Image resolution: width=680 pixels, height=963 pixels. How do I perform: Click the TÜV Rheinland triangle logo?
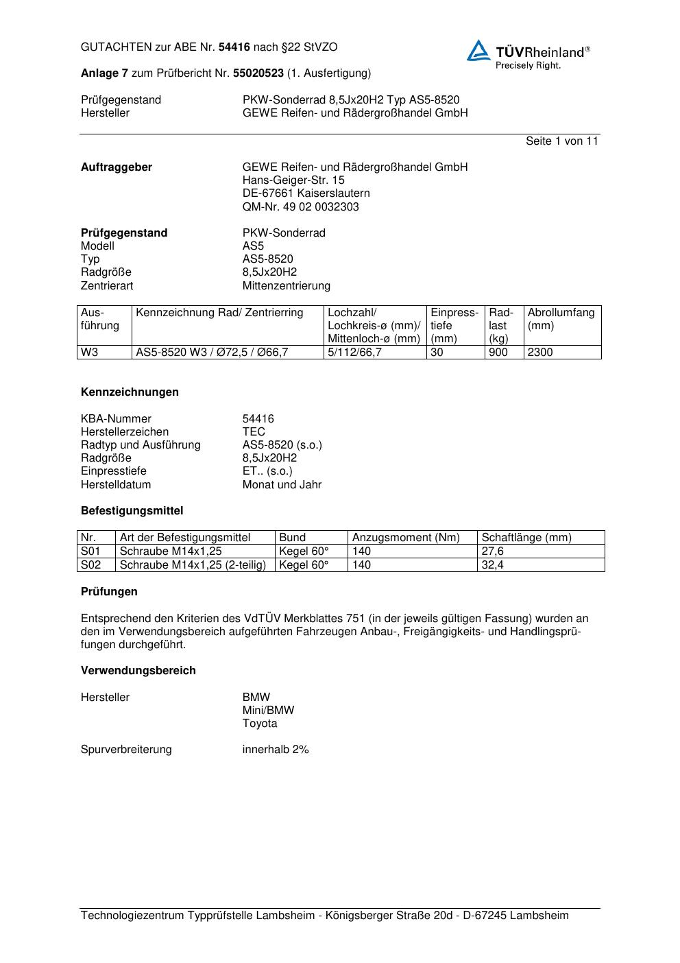(x=478, y=51)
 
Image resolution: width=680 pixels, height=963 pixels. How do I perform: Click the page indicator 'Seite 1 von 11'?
(x=561, y=141)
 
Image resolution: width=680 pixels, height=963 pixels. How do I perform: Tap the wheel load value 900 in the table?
(x=498, y=353)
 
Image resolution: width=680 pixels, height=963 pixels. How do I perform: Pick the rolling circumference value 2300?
(x=540, y=353)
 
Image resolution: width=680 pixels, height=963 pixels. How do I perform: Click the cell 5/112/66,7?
(x=354, y=353)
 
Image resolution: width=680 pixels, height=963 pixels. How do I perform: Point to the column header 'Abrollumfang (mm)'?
(x=561, y=319)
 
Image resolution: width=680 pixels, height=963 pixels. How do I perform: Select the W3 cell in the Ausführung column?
(x=90, y=353)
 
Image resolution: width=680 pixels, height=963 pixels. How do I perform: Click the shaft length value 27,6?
(x=492, y=551)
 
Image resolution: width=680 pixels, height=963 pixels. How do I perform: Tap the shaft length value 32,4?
(x=492, y=565)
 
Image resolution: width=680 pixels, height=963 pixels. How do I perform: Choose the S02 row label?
(x=90, y=565)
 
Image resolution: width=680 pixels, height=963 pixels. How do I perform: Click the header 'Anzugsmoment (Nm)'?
(x=406, y=538)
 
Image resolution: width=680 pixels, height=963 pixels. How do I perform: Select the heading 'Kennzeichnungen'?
(x=130, y=392)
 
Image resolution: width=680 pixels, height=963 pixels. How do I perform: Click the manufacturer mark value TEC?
(x=254, y=432)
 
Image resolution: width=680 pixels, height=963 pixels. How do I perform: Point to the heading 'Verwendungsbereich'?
(x=138, y=671)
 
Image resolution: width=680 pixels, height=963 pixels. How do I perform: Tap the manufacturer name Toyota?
(x=260, y=724)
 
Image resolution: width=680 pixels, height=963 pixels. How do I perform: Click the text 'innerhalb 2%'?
(x=276, y=750)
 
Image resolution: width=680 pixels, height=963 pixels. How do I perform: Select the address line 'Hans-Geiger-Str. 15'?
(x=293, y=180)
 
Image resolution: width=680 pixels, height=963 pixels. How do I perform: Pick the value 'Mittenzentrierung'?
(x=286, y=286)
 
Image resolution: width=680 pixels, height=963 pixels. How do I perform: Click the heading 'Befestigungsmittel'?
(x=132, y=511)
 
